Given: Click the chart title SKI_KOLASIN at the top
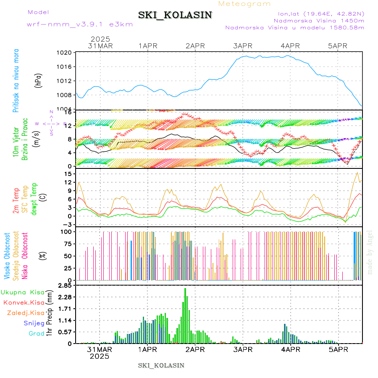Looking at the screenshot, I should coord(175,15).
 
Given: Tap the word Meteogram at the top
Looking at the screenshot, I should coord(245,4).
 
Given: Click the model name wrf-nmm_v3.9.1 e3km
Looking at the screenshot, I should coord(80,24).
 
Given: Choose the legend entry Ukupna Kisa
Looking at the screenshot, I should coord(23,292).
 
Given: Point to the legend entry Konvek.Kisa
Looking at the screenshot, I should coord(24,302).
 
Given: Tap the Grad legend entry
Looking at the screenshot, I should coord(36,333).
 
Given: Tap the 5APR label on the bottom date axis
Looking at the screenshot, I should coord(337,349).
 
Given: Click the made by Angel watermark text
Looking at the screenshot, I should coord(370,252).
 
